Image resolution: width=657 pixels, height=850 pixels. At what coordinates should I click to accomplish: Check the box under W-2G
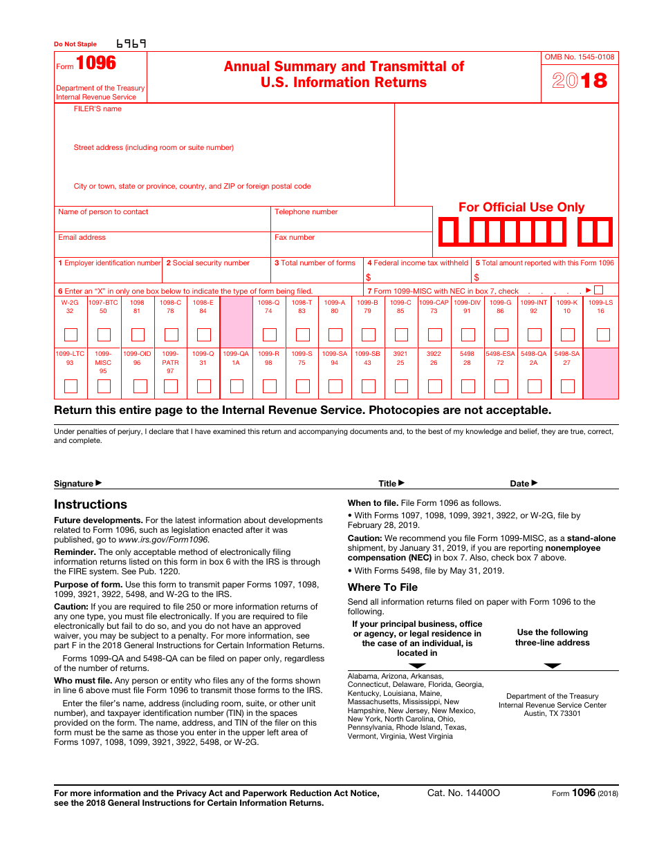[x=71, y=335]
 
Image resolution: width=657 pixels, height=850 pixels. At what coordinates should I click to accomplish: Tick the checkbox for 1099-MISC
[x=104, y=386]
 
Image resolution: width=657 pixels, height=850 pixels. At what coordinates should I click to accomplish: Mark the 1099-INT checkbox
[x=534, y=335]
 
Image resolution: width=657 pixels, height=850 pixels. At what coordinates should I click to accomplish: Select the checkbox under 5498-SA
[x=567, y=386]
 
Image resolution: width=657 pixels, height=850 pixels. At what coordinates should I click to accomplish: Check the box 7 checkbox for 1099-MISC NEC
[x=598, y=290]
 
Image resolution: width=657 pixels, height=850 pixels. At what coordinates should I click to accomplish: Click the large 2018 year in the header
[x=580, y=81]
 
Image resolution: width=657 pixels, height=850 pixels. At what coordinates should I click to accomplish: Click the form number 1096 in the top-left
[x=96, y=64]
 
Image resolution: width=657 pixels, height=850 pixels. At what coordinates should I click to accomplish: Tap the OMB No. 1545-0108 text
[x=580, y=57]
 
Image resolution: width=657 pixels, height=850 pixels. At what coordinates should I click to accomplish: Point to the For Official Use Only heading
[x=521, y=207]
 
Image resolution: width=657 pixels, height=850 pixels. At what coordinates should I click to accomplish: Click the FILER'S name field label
[x=98, y=108]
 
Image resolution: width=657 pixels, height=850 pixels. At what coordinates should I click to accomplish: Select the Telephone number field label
[x=306, y=211]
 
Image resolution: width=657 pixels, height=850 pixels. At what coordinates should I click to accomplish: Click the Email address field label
[x=82, y=237]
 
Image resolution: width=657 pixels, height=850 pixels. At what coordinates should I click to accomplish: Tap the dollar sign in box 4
[x=369, y=277]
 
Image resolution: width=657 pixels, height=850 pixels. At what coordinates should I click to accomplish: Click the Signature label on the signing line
[x=74, y=484]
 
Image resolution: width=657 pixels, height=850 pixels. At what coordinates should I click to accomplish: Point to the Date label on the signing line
[x=520, y=484]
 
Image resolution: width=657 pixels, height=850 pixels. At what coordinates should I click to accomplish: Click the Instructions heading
[x=91, y=504]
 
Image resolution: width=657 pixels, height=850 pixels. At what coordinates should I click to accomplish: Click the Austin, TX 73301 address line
[x=552, y=713]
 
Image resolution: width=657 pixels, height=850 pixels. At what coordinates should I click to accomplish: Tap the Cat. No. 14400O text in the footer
[x=463, y=793]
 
